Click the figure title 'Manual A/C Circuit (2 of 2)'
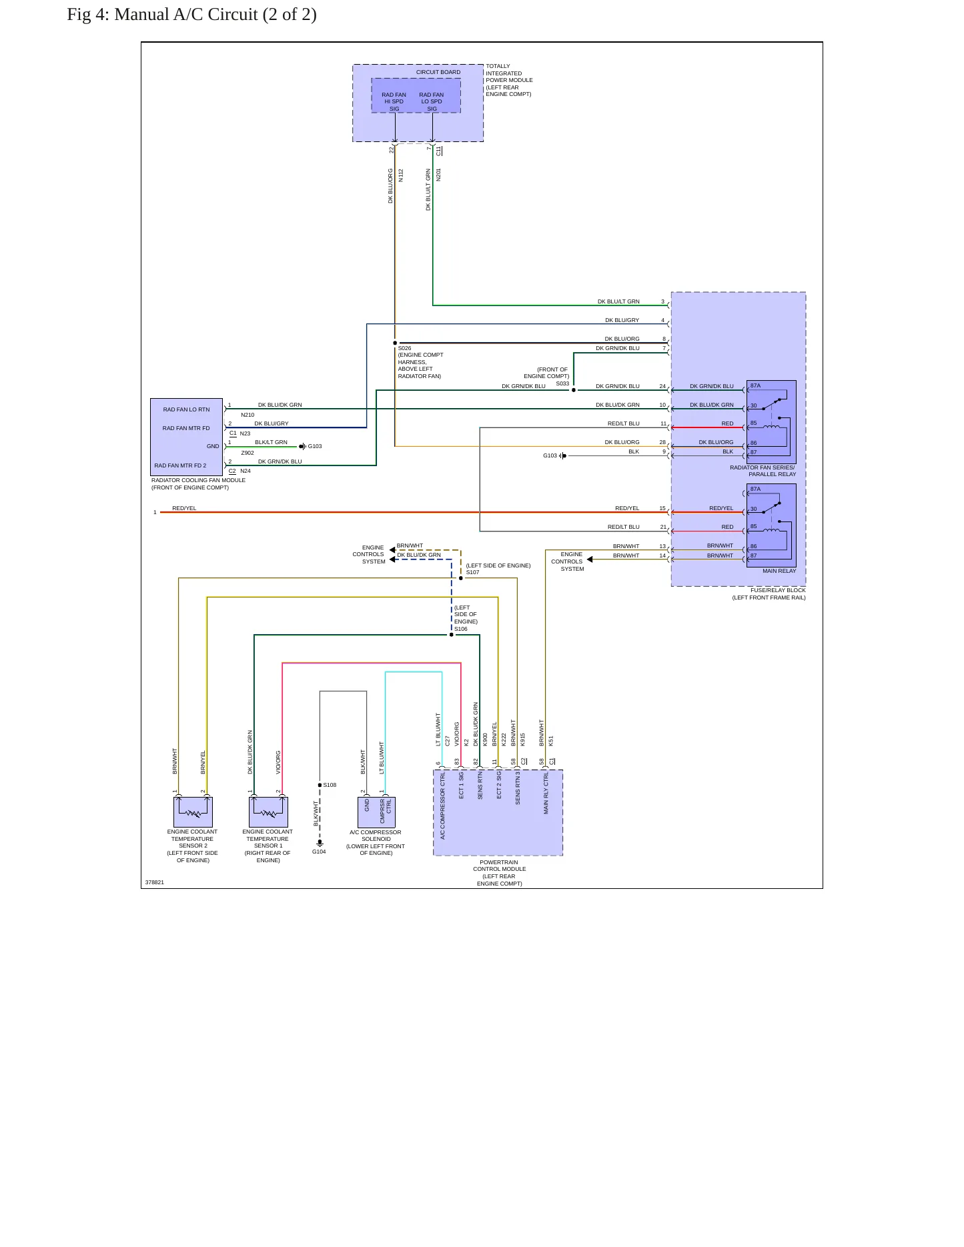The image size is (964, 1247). (215, 15)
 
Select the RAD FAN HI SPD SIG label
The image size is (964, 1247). (394, 101)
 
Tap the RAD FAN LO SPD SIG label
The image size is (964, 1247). (432, 101)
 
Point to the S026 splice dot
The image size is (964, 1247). (395, 343)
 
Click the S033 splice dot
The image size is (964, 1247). (574, 390)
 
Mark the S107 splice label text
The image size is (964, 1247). (472, 572)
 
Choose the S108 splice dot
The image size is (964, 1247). (320, 785)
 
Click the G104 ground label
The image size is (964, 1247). (319, 852)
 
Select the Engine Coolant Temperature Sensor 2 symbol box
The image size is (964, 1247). (193, 812)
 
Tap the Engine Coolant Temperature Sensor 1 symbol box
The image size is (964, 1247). (268, 812)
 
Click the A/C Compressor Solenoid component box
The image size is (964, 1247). (376, 812)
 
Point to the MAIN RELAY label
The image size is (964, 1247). (779, 571)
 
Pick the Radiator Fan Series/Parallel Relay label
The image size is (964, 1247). (763, 471)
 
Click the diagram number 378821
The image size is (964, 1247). (154, 882)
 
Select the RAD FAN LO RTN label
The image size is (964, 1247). (186, 409)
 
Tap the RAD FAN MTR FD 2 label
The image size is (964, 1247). (180, 465)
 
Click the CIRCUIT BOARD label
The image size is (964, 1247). (438, 72)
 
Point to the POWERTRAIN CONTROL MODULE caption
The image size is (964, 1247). (499, 872)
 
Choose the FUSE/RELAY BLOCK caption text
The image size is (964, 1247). (769, 593)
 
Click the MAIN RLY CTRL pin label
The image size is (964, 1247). (546, 794)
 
